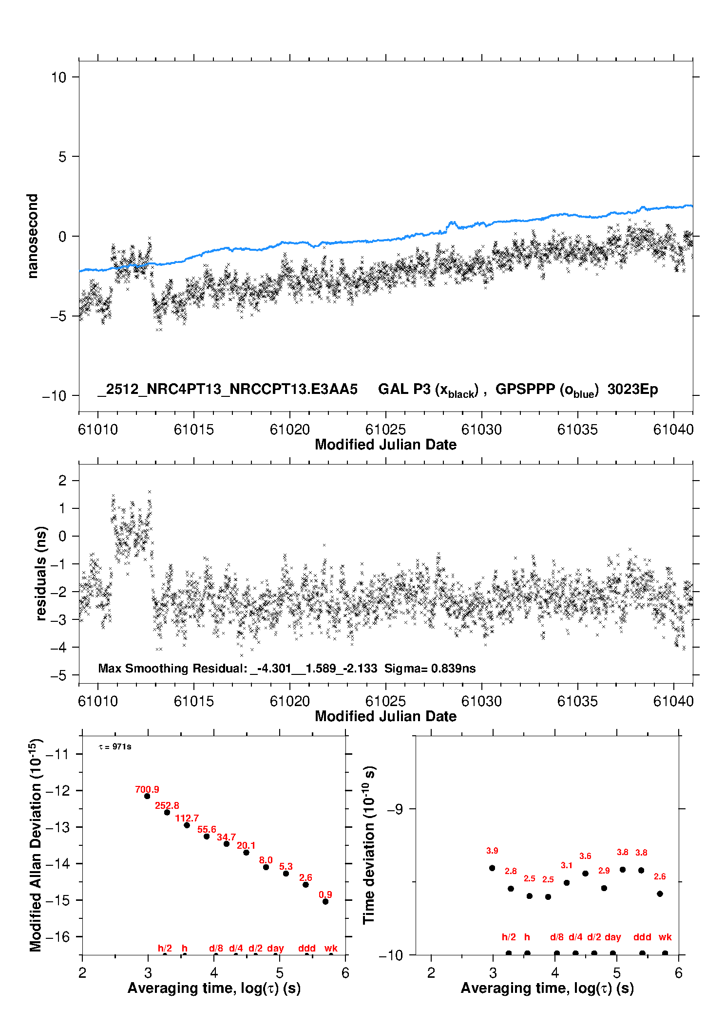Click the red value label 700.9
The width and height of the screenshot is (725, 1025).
(x=147, y=789)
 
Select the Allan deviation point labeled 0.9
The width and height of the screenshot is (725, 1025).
(x=325, y=901)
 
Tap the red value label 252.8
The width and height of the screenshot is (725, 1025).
(x=167, y=805)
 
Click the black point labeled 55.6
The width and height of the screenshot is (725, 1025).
(x=207, y=836)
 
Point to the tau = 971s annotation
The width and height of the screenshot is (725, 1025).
(x=115, y=746)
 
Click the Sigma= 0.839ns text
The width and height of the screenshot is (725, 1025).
(x=430, y=668)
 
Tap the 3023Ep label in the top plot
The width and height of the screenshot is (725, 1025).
(x=632, y=389)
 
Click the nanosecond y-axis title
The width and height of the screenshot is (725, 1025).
(x=32, y=236)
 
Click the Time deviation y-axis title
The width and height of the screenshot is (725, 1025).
(x=369, y=845)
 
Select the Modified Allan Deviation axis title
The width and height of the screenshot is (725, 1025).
(x=36, y=845)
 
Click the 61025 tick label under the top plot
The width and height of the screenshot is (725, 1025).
(x=385, y=429)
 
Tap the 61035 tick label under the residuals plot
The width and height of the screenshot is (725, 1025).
(x=577, y=701)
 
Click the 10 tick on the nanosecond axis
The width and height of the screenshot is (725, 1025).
(x=58, y=77)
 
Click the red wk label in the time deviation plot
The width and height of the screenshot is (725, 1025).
(x=665, y=937)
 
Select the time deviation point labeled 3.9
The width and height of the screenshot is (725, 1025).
(x=492, y=868)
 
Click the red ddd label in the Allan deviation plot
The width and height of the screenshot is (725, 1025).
(x=307, y=948)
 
